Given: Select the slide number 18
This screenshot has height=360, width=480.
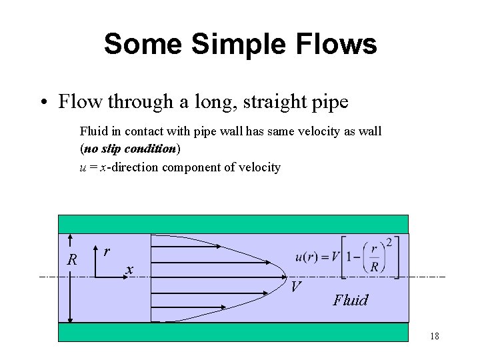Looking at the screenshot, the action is coord(434,337).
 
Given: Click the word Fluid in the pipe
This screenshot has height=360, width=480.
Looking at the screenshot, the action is coord(351,300).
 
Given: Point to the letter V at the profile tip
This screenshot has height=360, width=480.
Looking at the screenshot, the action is coord(296,287).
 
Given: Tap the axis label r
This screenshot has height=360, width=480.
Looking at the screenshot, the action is coord(107,252).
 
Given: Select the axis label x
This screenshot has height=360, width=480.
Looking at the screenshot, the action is coord(130,269).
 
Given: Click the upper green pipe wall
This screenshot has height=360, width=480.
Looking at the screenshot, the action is coord(233,224).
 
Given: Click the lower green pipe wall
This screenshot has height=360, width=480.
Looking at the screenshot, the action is coord(233,331).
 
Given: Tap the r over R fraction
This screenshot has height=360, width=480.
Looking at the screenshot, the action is coord(374,258).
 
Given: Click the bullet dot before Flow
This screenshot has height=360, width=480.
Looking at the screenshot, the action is coord(43,103).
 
